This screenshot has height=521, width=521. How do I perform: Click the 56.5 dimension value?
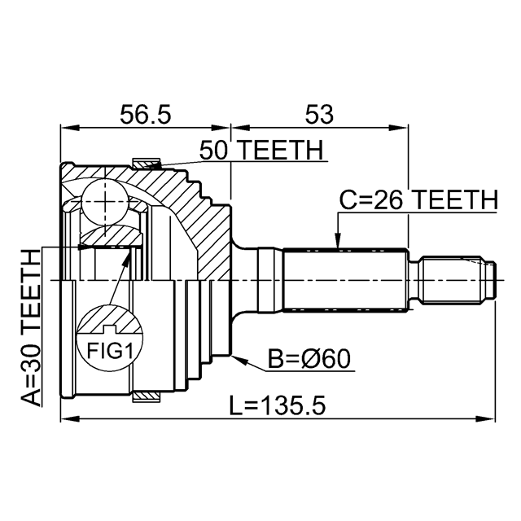[145, 114]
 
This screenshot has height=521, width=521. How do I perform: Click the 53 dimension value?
[319, 114]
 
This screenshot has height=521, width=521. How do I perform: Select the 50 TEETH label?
[261, 150]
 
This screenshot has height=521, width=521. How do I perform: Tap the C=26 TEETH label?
[418, 200]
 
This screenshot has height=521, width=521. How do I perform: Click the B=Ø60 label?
[309, 359]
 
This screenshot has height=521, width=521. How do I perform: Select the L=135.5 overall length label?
[278, 405]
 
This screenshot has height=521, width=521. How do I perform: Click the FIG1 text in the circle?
[110, 351]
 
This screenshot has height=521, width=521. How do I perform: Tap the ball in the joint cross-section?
[104, 202]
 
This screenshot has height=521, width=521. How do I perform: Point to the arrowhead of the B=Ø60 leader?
[240, 360]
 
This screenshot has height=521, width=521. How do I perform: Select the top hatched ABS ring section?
[147, 164]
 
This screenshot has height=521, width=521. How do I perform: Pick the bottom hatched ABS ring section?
[147, 396]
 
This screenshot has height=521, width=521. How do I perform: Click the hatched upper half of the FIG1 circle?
[110, 319]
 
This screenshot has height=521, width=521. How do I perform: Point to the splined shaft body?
[345, 280]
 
